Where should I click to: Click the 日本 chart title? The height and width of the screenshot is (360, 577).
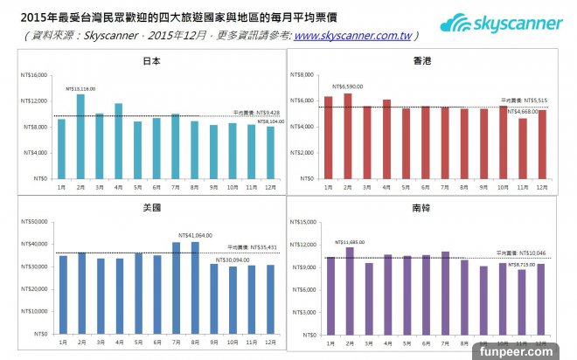[x=150, y=60]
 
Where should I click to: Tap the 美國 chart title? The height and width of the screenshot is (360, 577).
[x=150, y=209]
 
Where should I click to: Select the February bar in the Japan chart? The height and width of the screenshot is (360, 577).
[x=80, y=135]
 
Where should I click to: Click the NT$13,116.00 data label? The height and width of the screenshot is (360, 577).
[x=80, y=88]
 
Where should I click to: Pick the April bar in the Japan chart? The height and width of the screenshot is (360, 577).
[x=118, y=141]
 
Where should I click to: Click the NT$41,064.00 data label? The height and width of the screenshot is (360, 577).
[x=196, y=236]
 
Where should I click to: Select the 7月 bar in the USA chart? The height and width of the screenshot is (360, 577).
[x=176, y=287]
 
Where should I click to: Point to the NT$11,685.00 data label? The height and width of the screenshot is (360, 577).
[x=350, y=241]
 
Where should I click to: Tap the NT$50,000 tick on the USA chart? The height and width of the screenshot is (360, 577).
[x=34, y=222]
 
